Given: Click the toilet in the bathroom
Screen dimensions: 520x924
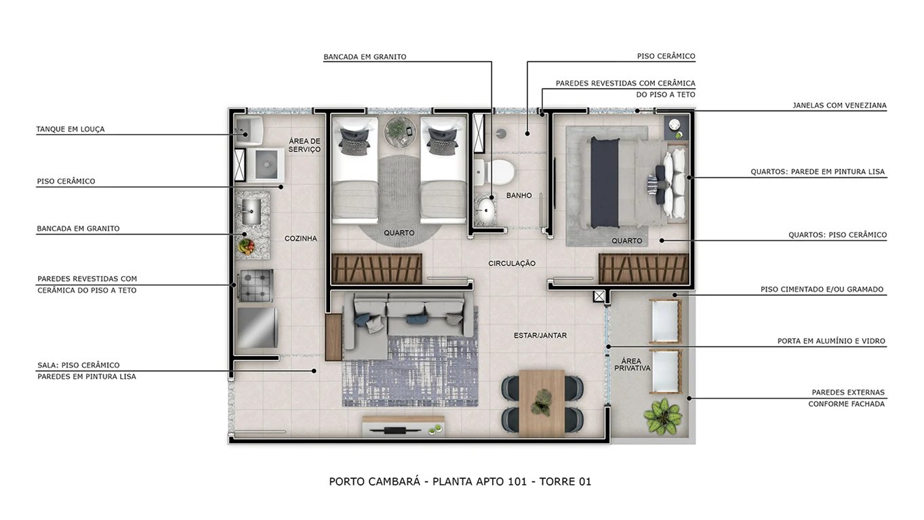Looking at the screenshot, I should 500,172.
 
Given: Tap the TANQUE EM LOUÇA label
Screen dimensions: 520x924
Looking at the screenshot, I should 71,129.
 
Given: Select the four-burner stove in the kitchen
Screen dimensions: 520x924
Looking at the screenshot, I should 256,285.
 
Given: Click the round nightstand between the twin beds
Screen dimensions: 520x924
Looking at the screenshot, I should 399,131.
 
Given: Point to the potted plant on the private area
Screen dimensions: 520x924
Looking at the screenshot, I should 662,416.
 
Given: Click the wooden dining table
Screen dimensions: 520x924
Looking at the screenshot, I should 542,401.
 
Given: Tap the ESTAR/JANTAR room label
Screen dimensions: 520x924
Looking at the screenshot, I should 540,336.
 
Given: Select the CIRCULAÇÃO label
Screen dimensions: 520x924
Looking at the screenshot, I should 512,264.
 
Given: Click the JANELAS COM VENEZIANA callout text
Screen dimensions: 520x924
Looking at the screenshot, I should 839,106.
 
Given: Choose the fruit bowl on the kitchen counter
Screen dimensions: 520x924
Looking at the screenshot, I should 245,245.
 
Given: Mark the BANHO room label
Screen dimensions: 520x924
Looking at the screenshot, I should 519,196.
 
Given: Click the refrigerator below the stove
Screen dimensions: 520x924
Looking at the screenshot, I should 256,327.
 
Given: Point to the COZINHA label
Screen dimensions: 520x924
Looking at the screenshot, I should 300,239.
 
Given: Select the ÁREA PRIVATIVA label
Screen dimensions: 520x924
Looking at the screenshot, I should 632,364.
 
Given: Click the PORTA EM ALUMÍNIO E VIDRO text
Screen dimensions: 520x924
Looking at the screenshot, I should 831,342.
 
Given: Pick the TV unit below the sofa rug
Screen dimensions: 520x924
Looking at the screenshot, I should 402,427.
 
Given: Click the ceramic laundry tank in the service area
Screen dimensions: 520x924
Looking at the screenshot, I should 248,130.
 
